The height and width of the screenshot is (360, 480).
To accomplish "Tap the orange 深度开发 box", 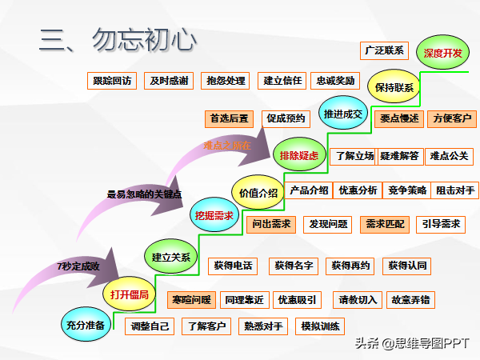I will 442,53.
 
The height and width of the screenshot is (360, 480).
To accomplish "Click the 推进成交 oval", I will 343,114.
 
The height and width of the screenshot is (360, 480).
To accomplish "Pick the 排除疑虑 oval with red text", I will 298,155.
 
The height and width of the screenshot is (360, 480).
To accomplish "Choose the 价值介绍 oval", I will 258,193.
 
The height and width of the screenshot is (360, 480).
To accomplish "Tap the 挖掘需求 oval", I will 214,215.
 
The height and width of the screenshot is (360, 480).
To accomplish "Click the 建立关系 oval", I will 171,257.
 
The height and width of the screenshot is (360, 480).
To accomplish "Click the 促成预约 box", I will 286,118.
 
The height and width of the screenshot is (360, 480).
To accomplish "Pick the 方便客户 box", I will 452,118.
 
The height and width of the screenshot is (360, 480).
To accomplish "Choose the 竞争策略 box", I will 407,190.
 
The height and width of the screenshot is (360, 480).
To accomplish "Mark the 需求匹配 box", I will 385,224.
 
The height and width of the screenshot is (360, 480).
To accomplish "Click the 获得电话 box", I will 233,265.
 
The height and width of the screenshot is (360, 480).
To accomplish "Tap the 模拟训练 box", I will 320,326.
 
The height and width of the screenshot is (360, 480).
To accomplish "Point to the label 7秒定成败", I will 78,266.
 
